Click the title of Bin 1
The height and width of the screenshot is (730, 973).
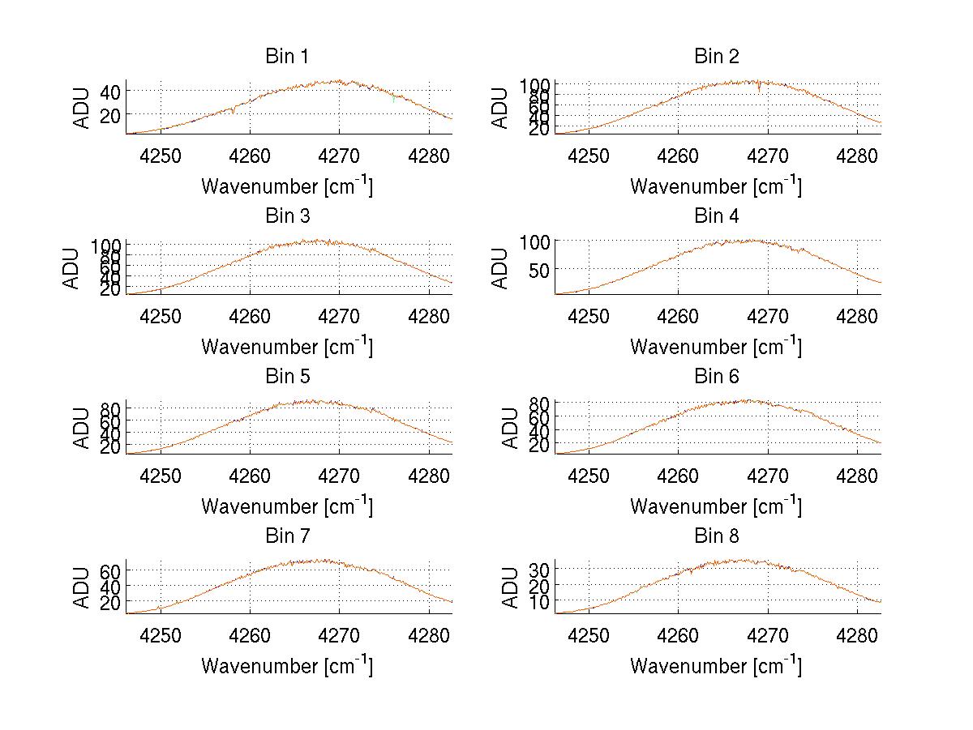[x=287, y=57]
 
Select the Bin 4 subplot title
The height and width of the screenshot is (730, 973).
[x=716, y=216]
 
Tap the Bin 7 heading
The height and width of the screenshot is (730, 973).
[x=287, y=536]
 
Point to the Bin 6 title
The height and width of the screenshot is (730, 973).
[x=716, y=377]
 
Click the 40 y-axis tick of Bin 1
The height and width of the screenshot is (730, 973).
[x=110, y=92]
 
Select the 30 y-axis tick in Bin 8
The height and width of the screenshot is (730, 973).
[x=539, y=570]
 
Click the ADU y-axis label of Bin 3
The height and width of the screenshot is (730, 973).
[x=72, y=268]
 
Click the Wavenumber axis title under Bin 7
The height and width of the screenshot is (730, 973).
[x=287, y=666]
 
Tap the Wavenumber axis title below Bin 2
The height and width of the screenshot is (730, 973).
[x=716, y=186]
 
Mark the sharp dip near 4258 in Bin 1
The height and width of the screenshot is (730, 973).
[x=234, y=111]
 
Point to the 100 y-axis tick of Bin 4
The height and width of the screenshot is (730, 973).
[x=535, y=241]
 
